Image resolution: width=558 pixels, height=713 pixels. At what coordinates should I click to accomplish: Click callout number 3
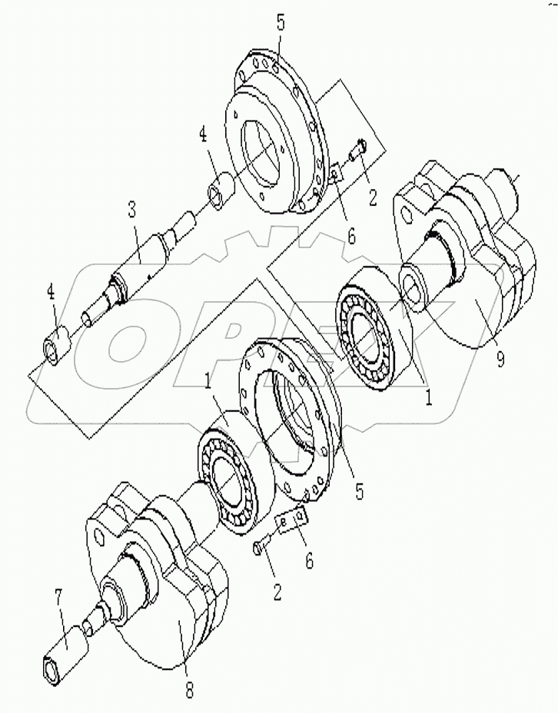tap(132, 209)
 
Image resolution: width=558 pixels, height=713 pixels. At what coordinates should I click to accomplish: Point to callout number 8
tap(189, 688)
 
